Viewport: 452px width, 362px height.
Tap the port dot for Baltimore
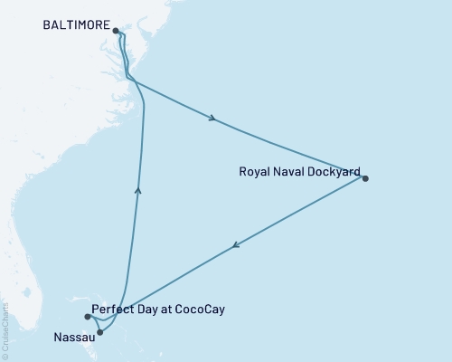point(116,31)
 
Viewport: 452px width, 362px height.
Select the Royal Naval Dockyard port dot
point(365,178)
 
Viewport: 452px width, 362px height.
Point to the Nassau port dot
point(99,332)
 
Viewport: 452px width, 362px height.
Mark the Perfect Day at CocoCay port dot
point(88,317)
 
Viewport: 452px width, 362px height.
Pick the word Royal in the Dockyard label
point(253,171)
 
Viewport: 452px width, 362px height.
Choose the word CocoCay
point(199,310)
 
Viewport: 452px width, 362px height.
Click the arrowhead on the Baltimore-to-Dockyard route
point(212,118)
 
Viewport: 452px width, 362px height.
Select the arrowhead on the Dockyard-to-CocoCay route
point(235,245)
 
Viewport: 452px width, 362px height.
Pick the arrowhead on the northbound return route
point(137,189)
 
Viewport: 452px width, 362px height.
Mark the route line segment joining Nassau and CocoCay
point(94,325)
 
